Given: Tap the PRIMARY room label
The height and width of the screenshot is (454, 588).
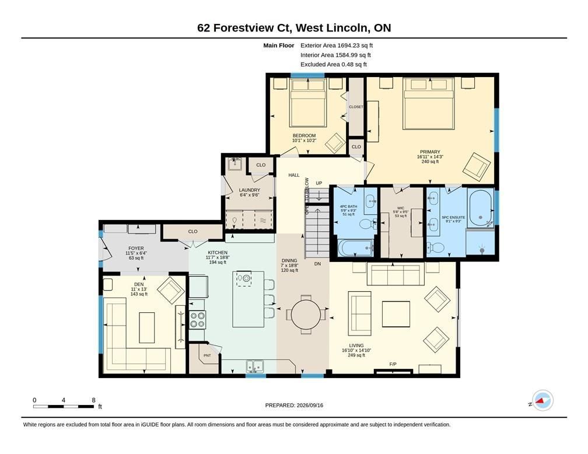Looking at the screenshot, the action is click(x=430, y=152).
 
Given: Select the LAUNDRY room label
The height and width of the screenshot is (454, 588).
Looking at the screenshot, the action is click(x=250, y=190).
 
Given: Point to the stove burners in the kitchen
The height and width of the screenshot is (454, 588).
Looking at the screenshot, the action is click(x=197, y=320).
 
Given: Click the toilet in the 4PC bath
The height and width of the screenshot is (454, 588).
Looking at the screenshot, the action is click(x=368, y=224).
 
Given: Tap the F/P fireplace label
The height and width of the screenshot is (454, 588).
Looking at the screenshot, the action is click(x=393, y=364).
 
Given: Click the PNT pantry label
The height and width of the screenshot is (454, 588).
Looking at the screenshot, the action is click(x=207, y=355).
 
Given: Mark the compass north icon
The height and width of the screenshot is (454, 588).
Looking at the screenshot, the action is click(x=542, y=401).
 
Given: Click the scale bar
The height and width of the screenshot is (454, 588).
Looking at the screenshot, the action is click(x=64, y=406).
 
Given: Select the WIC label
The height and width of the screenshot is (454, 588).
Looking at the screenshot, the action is click(x=401, y=208).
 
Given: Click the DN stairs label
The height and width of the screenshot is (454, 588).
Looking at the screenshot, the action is click(x=317, y=264).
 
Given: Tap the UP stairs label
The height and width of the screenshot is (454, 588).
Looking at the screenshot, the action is click(x=318, y=183).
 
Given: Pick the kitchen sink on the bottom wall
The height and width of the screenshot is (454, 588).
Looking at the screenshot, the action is click(x=255, y=366).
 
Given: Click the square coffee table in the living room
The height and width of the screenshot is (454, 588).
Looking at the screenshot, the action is click(x=396, y=314).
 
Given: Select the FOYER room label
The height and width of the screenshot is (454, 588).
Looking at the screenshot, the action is click(x=136, y=249).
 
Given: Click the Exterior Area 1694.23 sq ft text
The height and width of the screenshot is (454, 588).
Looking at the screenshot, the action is click(x=337, y=46).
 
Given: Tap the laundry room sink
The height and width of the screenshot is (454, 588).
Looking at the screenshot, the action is click(x=235, y=164).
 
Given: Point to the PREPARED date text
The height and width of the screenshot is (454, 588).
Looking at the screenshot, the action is click(x=294, y=405).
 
